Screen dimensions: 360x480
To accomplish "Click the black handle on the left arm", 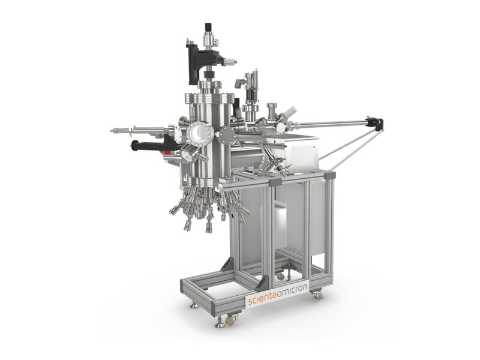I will click(146, 146).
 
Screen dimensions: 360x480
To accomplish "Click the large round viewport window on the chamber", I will click(196, 134).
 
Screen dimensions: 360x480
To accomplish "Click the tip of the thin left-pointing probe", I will click(112, 130).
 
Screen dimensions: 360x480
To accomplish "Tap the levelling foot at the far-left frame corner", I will click(193, 305).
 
